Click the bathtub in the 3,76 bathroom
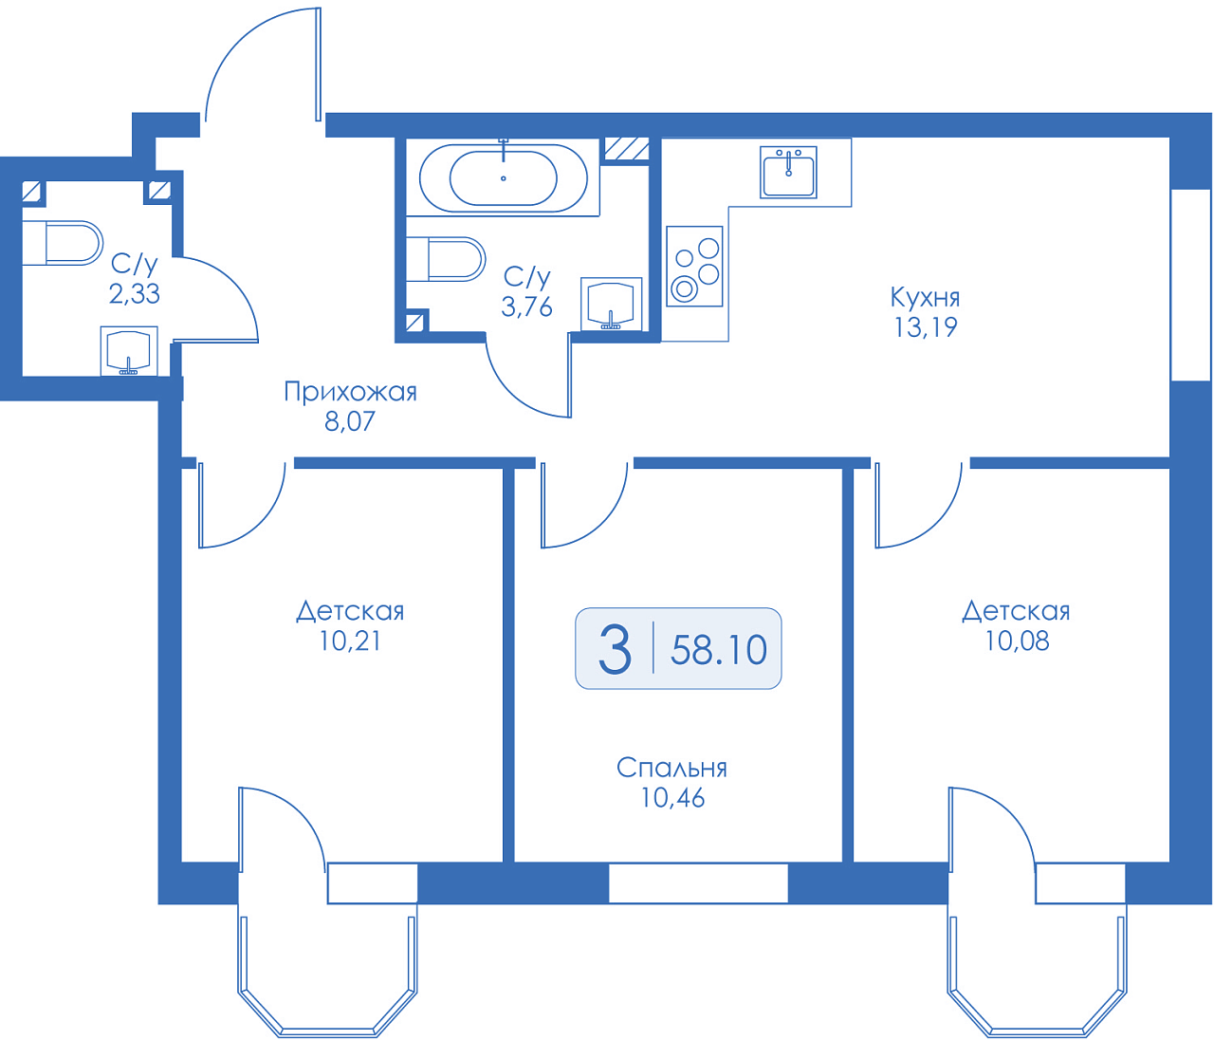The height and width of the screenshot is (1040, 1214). click(x=503, y=177)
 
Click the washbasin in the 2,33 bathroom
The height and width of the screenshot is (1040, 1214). click(x=129, y=351)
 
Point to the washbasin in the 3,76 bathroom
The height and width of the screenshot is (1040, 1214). click(x=612, y=304)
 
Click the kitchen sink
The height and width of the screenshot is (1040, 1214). click(x=788, y=172)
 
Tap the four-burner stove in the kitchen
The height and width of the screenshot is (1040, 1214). click(x=694, y=267)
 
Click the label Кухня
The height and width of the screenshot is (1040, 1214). click(x=925, y=297)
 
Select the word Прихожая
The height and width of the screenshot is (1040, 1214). click(x=350, y=392)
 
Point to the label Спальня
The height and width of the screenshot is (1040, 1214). click(x=671, y=768)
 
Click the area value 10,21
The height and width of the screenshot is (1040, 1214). click(x=350, y=641)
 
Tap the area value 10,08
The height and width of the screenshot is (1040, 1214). click(x=1018, y=641)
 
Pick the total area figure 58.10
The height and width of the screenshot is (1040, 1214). click(x=719, y=649)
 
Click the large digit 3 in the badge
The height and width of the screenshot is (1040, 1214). click(x=615, y=649)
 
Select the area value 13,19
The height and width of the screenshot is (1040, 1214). click(x=926, y=327)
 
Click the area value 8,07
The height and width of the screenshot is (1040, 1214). click(x=350, y=421)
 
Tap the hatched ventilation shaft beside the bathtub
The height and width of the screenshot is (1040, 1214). click(x=627, y=149)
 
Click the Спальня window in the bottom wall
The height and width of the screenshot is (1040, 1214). click(x=698, y=883)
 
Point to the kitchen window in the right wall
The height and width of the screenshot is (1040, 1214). click(x=1191, y=285)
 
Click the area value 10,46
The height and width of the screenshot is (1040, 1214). click(x=672, y=798)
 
